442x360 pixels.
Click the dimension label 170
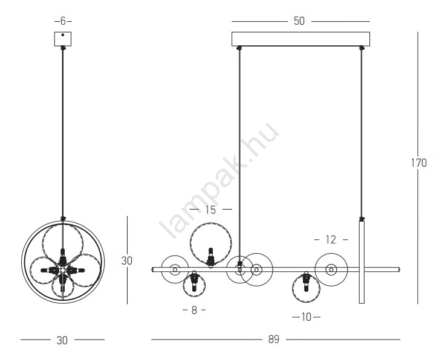[x=418, y=163]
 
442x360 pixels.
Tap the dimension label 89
[x=274, y=339]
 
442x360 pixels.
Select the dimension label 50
[x=299, y=21]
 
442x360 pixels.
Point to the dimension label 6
[x=63, y=21]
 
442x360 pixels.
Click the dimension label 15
[x=210, y=210]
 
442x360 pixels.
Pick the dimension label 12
[x=331, y=240]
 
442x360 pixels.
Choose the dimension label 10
[x=306, y=317]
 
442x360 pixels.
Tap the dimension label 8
[x=194, y=310]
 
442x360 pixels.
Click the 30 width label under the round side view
[x=62, y=340]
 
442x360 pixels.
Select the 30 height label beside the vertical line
[x=126, y=261]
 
